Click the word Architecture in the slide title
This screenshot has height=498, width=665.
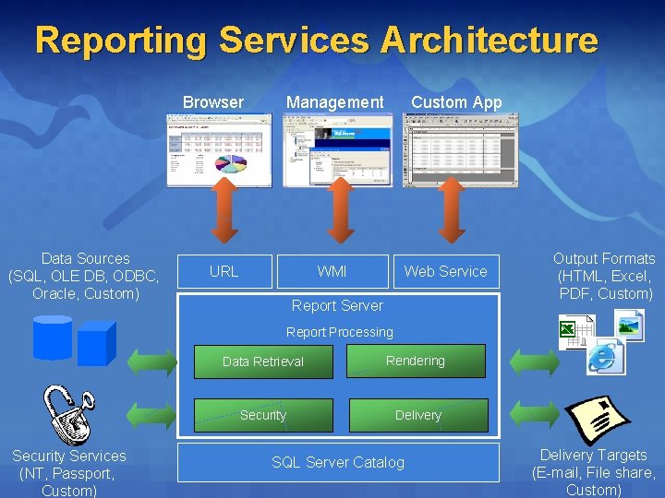coord(490,41)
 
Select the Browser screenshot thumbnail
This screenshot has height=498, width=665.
coord(213,149)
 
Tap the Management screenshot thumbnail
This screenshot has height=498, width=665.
coord(338,149)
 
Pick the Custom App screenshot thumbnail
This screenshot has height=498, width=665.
coord(460,149)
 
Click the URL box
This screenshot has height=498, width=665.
coord(224,271)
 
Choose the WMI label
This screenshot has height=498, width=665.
coord(332,271)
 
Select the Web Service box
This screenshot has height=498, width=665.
coord(445,271)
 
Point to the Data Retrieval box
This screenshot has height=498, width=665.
coord(263,362)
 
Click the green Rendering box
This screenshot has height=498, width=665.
coord(416,361)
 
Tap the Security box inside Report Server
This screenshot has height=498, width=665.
coord(263,415)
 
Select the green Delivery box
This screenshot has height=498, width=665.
coord(418,415)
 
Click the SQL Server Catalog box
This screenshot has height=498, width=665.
coord(338,462)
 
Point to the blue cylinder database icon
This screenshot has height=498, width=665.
coord(53,337)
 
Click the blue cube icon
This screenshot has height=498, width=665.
coord(96,344)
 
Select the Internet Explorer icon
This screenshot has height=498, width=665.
coord(606,356)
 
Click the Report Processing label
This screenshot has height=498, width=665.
coord(339,332)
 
